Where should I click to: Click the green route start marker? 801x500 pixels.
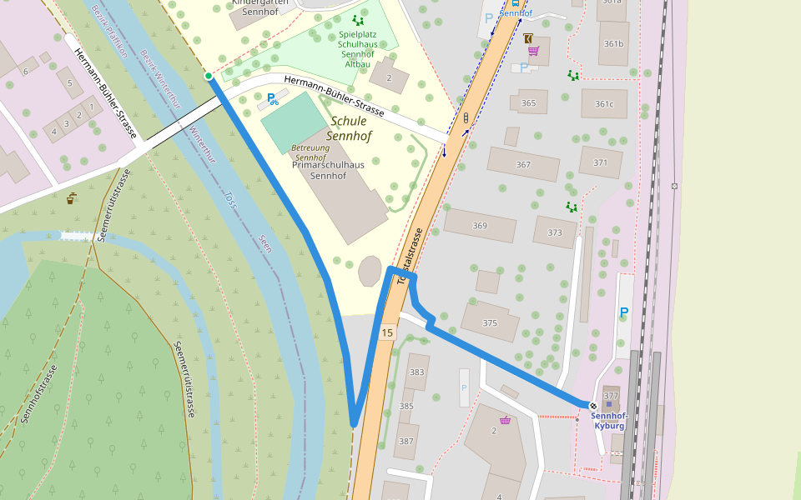pos(209,76)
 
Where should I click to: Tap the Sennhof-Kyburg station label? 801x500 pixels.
pos(608,420)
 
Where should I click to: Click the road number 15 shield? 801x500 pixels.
pos(386,333)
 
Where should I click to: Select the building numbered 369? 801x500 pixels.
pos(480,225)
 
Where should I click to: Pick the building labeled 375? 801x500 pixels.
pos(490,322)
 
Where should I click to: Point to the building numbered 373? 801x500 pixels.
pos(555,232)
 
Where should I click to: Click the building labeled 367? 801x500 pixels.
pos(523,164)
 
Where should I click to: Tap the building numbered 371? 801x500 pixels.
pos(601,162)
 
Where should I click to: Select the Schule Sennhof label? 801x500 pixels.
pos(349,127)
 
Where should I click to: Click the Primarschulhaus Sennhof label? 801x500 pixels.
pos(329,170)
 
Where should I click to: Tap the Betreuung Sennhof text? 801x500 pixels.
pos(310,152)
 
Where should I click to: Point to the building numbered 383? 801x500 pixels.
pos(416,372)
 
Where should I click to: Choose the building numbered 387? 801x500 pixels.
pos(406,441)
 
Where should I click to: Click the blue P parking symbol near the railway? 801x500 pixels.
pos(623,313)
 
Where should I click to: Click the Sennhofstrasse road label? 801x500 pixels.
pos(39,394)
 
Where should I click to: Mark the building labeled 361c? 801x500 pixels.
pos(604,103)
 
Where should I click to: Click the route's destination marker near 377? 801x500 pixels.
pos(593,406)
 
